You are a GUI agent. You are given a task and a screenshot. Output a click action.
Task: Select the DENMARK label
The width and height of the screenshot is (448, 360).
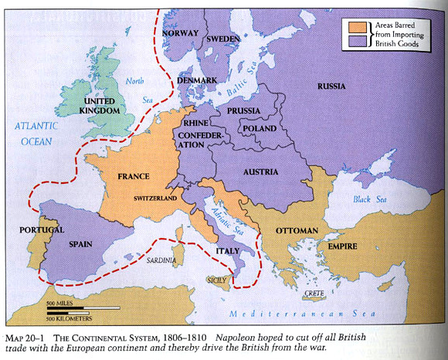tap(197, 80)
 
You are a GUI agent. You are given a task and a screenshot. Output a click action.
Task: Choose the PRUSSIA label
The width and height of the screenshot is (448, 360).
tap(243, 111)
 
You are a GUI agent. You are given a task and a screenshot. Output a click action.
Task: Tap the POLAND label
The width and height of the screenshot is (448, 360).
tap(260, 128)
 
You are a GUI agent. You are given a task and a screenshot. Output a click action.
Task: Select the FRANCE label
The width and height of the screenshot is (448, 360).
tap(133, 176)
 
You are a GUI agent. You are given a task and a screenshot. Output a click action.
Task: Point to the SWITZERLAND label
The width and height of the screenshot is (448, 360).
tap(154, 199)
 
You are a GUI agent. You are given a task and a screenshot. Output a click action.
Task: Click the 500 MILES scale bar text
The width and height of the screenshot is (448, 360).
tap(60, 302)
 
